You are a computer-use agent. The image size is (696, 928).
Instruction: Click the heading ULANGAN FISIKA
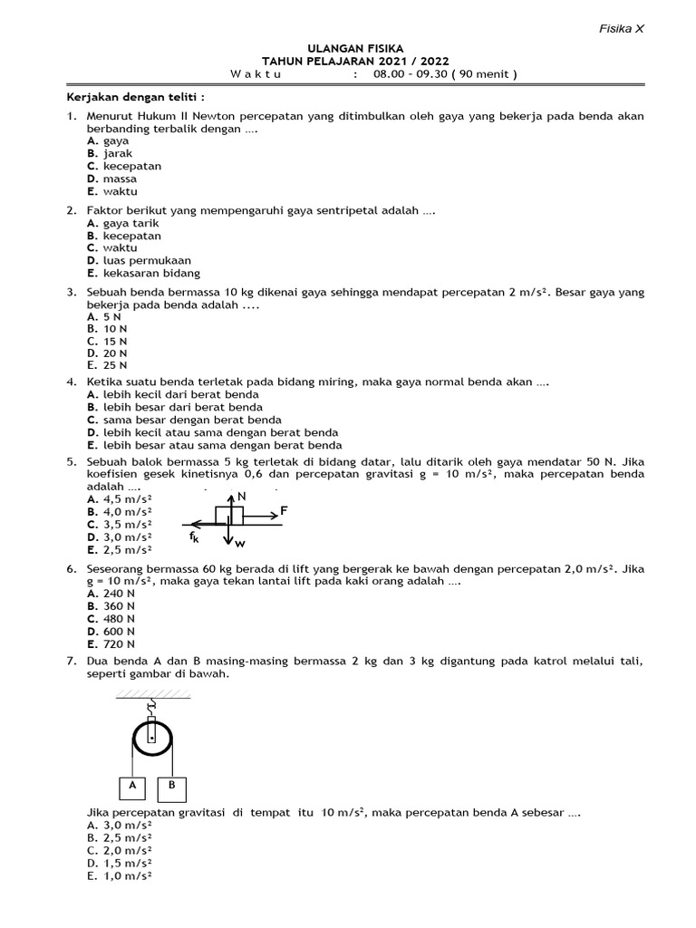tap(349, 48)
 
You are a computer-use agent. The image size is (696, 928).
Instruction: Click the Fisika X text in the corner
tap(621, 28)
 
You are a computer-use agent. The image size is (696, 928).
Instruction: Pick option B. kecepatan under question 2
tap(124, 236)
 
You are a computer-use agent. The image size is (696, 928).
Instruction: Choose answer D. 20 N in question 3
tap(107, 353)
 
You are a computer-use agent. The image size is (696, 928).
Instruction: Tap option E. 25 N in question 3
tap(107, 366)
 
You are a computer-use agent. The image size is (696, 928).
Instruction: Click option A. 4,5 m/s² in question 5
tap(120, 498)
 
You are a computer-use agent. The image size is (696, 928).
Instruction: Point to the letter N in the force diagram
tap(241, 498)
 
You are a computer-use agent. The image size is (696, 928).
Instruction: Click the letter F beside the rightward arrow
tap(284, 511)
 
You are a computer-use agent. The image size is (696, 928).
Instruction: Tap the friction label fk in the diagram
tap(194, 536)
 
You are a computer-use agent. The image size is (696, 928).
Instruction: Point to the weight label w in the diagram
tap(240, 544)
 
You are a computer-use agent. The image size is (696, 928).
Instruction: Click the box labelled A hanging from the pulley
tap(133, 787)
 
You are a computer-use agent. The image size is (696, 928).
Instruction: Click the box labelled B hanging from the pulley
tap(170, 787)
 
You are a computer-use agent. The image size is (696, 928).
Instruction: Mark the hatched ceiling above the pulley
tap(152, 694)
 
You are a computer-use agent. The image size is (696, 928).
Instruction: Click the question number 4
tap(71, 382)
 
